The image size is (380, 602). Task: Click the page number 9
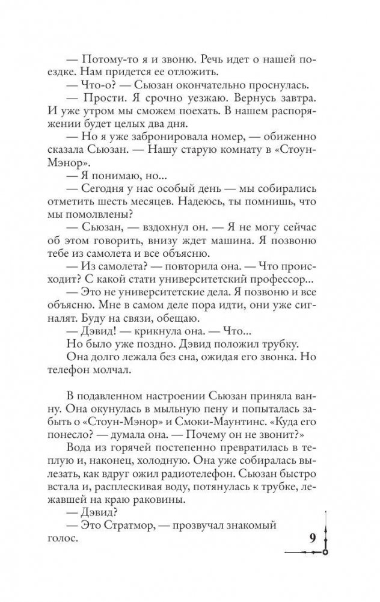(x=313, y=537)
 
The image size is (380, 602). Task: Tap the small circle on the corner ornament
(x=325, y=551)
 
